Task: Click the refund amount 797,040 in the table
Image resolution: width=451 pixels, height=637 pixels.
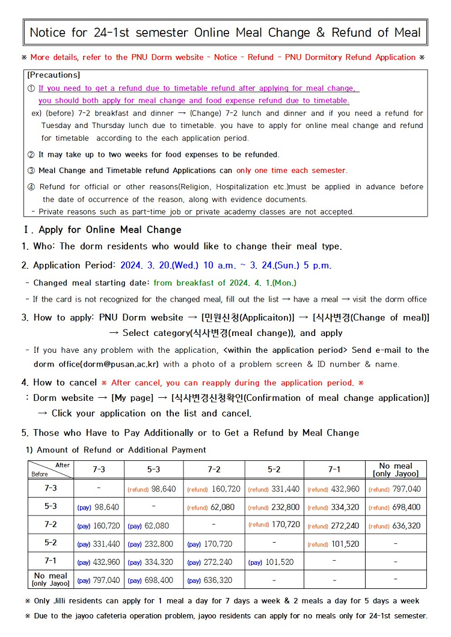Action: point(395,489)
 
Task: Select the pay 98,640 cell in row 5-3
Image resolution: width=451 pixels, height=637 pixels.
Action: point(98,507)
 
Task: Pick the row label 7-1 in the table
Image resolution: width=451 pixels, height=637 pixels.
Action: point(51,561)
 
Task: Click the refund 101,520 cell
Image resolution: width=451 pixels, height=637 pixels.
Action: point(334,544)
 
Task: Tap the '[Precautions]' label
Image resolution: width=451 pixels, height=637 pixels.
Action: point(54,75)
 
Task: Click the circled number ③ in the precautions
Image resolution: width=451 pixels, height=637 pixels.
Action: point(32,171)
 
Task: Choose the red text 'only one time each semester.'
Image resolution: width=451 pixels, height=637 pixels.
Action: point(292,171)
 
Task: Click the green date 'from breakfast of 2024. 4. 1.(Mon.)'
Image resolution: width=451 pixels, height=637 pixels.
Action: point(225,282)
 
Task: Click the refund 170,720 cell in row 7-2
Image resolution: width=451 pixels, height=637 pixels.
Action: point(274,525)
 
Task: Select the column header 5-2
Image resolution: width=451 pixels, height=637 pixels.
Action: point(274,469)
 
